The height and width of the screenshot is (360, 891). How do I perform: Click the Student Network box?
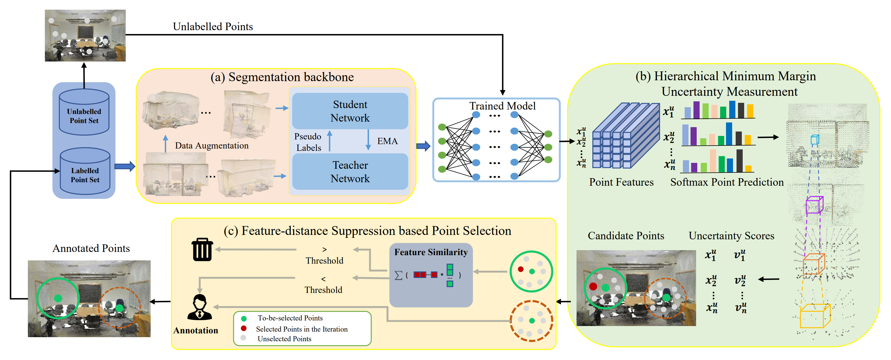pos(350,111)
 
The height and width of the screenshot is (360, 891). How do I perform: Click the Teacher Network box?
pos(350,172)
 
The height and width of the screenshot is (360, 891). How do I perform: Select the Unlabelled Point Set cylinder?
pos(84,112)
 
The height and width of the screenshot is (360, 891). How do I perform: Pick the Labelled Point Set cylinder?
pos(85,172)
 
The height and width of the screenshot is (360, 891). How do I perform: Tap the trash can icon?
pos(202,250)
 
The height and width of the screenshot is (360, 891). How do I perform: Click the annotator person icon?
pos(199,307)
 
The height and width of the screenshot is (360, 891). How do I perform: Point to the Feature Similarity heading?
pos(431,252)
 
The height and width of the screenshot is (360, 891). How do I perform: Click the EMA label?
pos(387,141)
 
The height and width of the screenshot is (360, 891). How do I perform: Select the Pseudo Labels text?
pos(308,142)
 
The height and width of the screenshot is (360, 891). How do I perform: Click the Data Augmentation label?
pos(212,146)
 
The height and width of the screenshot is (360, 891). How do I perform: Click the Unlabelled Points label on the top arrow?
pos(213,27)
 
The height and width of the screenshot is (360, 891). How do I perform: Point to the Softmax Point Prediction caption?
pos(727,182)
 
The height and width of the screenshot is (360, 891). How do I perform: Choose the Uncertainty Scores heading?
pos(731,236)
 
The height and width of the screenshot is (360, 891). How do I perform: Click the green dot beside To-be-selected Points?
pos(244,318)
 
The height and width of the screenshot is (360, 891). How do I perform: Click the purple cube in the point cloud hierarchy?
pos(814,205)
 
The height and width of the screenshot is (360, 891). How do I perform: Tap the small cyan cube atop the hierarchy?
pos(815,140)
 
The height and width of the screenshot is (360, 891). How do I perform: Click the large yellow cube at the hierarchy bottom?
pos(815,316)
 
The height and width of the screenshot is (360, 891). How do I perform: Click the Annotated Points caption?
pos(91,248)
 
